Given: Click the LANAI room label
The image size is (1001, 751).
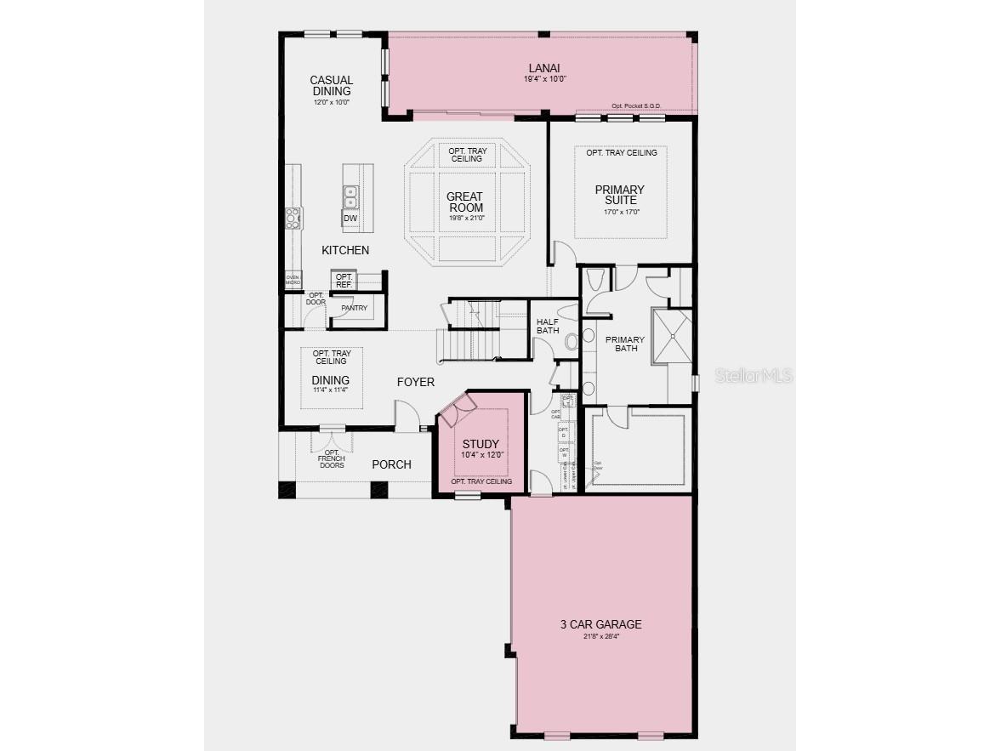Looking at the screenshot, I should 544,68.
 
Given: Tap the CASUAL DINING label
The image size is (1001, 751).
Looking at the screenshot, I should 331,86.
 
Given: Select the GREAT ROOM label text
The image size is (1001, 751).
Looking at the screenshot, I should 465,202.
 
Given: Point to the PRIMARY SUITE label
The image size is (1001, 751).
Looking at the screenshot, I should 619,195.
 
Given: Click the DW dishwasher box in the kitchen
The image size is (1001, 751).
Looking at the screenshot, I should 350,219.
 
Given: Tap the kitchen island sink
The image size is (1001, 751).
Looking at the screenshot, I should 350,196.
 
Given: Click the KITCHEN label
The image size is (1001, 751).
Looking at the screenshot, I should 345,250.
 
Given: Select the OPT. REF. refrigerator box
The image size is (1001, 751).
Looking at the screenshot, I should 344,281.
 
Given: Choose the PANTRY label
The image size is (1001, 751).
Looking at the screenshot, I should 354,308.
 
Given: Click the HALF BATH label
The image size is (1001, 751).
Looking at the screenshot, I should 548,326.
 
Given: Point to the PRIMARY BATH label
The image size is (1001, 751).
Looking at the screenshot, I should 625,344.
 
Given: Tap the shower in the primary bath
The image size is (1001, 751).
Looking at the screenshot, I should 672,336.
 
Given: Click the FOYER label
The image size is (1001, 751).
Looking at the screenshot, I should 415,382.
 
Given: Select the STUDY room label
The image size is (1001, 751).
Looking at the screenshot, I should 481,444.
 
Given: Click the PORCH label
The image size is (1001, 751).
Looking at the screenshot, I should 391,464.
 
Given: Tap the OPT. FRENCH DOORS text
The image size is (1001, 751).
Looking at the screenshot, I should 331,460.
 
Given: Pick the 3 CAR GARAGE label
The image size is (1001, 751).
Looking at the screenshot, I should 600,624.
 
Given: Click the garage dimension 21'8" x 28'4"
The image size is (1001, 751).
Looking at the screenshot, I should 600,636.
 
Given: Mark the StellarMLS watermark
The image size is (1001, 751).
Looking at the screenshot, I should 753,375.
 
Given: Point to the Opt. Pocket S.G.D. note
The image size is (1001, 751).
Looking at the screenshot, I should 636,106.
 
